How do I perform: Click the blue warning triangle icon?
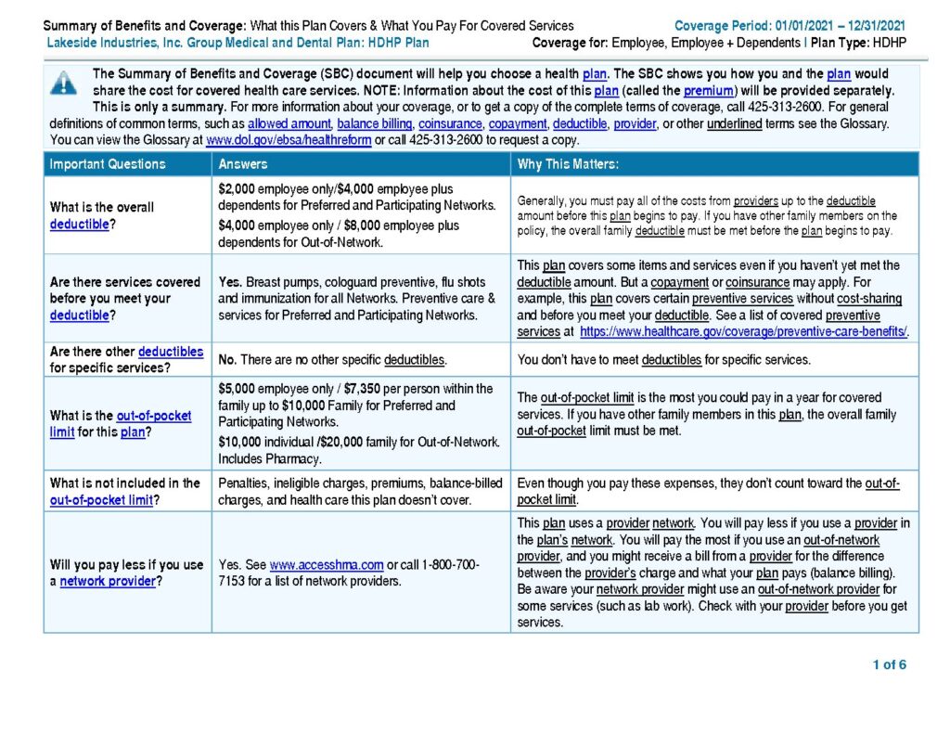pos(63,83)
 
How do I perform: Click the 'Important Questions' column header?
pos(108,164)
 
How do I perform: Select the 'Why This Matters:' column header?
pos(568,164)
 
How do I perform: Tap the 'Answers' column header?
pos(243,164)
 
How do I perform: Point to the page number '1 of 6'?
pos(889,664)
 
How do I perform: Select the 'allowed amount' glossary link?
pos(289,123)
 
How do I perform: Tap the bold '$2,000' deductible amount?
pos(237,188)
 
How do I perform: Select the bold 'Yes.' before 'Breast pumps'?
pos(230,282)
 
